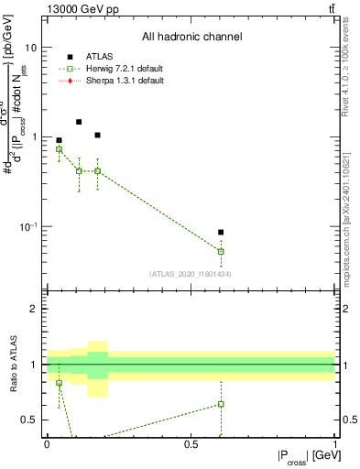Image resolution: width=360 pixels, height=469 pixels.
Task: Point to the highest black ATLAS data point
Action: point(79,122)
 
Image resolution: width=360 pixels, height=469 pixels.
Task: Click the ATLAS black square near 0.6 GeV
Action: point(221,233)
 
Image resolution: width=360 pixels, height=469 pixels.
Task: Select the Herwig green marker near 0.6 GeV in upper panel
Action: point(221,251)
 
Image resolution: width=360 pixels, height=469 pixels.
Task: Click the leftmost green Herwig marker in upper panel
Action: point(60,149)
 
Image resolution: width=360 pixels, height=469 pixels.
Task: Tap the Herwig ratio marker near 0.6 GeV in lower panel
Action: point(221,404)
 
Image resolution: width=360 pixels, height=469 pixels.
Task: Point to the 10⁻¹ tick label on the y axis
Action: point(27,226)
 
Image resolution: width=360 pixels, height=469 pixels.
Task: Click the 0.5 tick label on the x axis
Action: point(191,444)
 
